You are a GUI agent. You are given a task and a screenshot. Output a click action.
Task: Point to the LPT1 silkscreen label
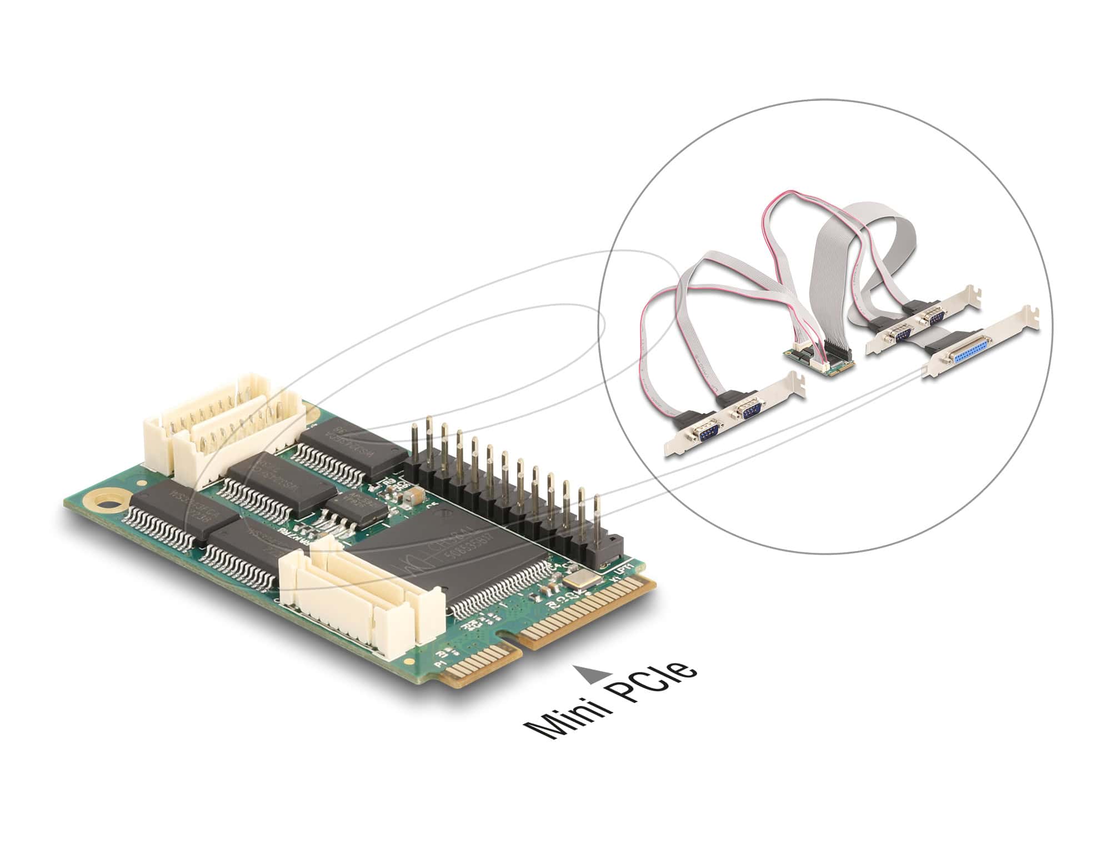(x=615, y=568)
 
